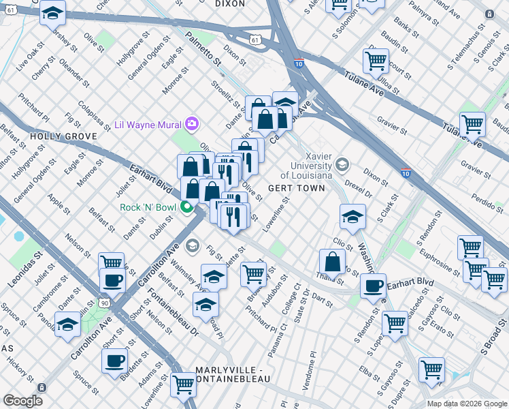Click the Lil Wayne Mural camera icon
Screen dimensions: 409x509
193,123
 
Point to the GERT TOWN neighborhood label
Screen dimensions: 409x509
296,188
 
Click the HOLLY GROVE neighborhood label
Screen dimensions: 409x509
63,136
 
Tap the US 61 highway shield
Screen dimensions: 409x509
255,41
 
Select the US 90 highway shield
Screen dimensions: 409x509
103,301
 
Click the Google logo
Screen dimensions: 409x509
23,400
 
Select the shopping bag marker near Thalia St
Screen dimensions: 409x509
332,262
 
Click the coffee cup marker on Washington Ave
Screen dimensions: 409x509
373,286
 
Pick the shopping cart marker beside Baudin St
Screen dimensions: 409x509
376,61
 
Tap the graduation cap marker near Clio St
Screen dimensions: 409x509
351,217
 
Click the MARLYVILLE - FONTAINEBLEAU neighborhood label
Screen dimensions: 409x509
232,374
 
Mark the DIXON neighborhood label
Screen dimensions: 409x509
229,3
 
